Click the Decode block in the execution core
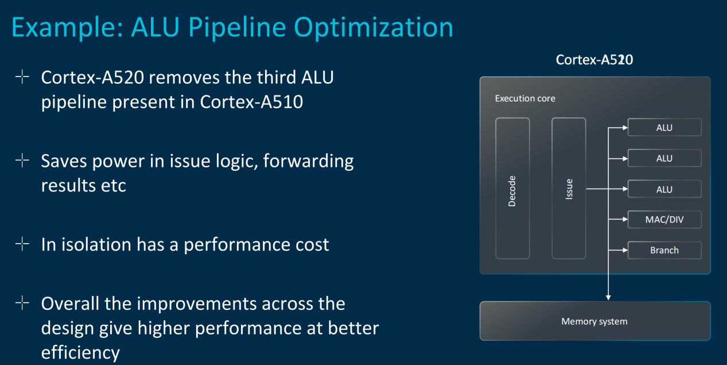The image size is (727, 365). tap(512, 188)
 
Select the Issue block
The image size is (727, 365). tap(569, 188)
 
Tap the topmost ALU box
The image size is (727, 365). tap(664, 128)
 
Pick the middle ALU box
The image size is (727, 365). tap(664, 158)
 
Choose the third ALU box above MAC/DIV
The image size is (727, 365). tap(664, 189)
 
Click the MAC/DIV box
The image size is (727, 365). tap(664, 220)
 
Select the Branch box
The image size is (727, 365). tap(664, 250)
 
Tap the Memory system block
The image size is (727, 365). tap(595, 321)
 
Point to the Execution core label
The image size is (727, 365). tap(525, 98)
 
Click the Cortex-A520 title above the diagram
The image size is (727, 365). tap(594, 59)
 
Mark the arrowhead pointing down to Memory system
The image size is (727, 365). tap(608, 297)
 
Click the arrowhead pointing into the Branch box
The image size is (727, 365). tap(625, 250)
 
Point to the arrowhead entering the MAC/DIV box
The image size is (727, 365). tap(625, 220)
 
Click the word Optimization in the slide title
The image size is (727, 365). tap(373, 28)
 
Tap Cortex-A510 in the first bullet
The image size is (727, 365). tap(251, 102)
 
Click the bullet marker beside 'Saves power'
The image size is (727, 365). tap(22, 160)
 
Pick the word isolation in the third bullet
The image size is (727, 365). tap(96, 244)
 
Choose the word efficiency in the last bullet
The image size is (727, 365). tap(80, 353)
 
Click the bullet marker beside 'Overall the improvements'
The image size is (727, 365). tap(22, 303)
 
